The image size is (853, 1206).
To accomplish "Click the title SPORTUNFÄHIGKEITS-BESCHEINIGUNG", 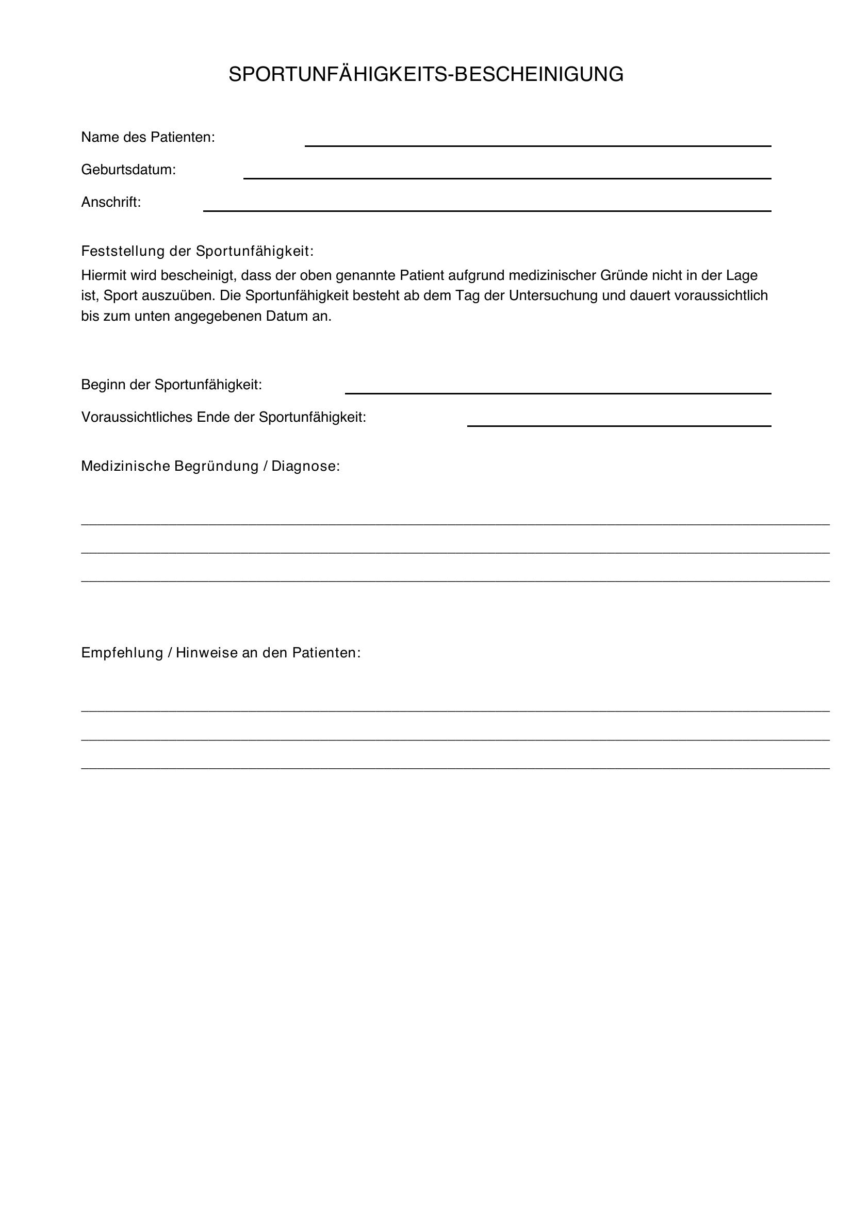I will pos(426,75).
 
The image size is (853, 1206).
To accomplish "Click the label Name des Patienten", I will pos(148,137).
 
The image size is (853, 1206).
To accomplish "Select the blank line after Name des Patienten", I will pos(537,145).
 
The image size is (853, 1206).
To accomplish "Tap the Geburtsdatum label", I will pos(128,170).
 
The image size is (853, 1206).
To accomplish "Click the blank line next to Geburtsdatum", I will pos(507,177).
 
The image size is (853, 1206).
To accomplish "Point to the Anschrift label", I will pos(111,202).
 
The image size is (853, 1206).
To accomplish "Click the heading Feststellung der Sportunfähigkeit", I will pos(197,251).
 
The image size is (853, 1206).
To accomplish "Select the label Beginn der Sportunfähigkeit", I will pos(171,385).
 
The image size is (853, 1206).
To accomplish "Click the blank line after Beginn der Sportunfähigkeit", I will pos(558,392).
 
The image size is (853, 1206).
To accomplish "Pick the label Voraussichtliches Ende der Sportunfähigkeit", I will pos(223,417).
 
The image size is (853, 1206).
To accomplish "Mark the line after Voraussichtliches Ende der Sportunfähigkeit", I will pos(619,425).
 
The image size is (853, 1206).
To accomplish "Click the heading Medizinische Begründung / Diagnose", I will pos(210,466).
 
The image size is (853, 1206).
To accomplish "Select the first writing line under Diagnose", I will pos(455,524).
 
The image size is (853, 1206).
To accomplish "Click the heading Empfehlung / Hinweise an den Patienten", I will pos(221,652).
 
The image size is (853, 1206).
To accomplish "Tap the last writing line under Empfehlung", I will pos(455,768).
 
